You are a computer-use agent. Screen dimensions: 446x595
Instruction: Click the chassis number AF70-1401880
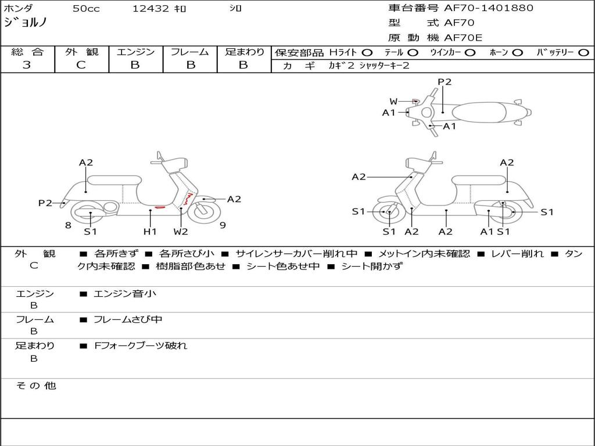point(488,8)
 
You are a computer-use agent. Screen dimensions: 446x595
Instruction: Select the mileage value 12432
point(150,9)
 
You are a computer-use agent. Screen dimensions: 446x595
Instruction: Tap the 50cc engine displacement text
point(86,9)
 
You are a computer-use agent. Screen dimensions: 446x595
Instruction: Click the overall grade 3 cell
point(27,65)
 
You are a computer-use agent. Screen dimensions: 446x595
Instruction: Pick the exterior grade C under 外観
point(81,65)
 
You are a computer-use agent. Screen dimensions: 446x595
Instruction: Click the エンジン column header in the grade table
point(135,52)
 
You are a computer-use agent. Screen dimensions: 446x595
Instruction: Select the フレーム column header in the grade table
point(189,52)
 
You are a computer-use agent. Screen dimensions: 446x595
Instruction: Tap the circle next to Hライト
point(367,52)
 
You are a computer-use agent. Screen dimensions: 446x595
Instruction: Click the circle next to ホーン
point(518,52)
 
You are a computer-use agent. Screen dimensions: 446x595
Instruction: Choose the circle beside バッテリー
point(584,52)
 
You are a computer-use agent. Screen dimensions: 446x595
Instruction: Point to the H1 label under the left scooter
point(150,232)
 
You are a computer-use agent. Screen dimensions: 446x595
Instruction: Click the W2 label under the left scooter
point(181,232)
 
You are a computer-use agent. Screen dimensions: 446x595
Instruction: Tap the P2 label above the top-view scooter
point(445,82)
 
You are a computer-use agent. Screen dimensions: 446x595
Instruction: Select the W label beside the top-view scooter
point(394,102)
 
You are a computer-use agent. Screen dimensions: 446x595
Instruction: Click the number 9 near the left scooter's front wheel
point(223,225)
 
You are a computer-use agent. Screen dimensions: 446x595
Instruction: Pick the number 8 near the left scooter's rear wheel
point(68,225)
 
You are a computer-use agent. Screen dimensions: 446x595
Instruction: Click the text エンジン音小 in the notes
point(125,294)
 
